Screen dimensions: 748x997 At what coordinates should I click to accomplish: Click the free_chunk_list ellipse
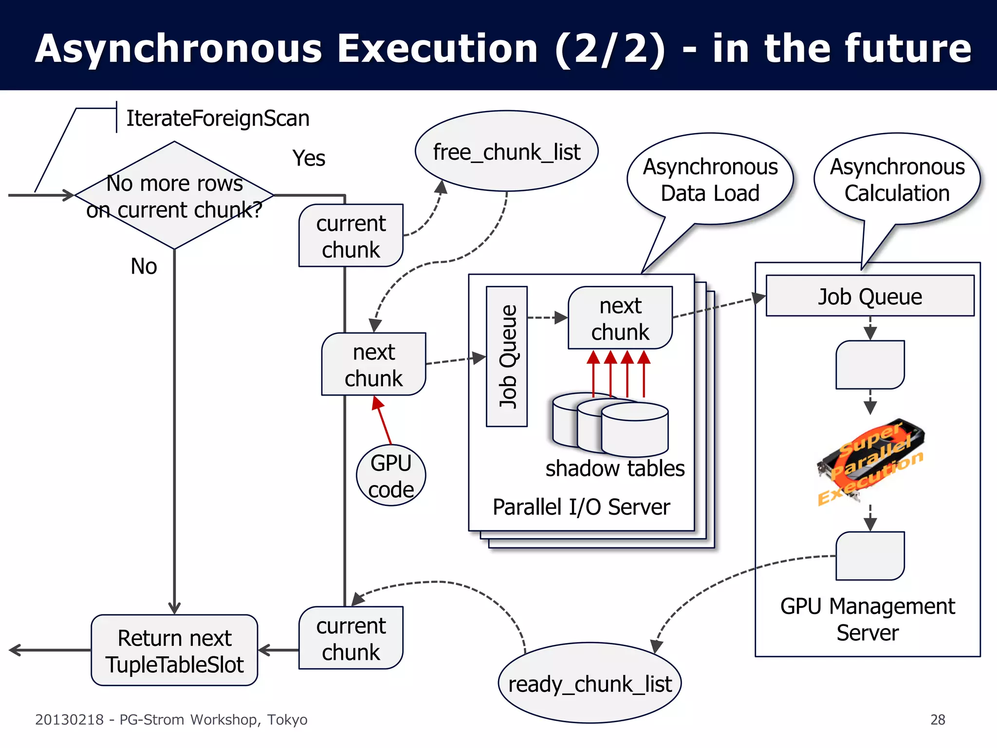(506, 151)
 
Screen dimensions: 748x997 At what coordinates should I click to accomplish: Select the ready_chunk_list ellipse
(590, 683)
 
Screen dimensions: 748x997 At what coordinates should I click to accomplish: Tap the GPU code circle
(391, 475)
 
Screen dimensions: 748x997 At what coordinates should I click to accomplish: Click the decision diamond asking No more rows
(174, 196)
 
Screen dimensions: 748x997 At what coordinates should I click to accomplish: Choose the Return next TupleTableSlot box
(174, 651)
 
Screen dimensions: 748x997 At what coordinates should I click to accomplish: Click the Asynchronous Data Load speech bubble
(710, 180)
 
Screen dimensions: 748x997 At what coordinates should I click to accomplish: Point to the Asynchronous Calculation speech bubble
(897, 180)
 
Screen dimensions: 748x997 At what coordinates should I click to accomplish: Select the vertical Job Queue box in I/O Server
(507, 356)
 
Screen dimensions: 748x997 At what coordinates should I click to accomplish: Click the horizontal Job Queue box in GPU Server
(870, 296)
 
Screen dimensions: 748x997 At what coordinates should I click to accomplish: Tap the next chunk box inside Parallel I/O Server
(620, 318)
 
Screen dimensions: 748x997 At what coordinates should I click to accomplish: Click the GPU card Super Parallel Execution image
(870, 460)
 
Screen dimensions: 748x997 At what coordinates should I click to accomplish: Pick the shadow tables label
(615, 468)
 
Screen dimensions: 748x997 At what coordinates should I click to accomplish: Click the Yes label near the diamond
(309, 158)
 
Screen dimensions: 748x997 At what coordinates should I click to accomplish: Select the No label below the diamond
(144, 266)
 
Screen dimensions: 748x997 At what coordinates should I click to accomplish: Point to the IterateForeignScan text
(218, 118)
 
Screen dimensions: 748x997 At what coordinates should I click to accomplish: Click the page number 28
(938, 719)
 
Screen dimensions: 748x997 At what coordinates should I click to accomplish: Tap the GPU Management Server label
(868, 619)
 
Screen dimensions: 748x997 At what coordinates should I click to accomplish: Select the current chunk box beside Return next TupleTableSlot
(351, 638)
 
